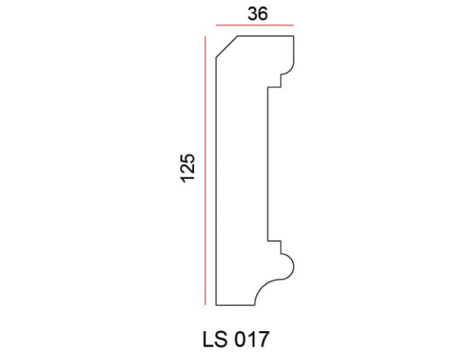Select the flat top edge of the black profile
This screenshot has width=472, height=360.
pos(267,36)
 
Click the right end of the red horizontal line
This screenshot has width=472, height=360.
pos(294,26)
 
